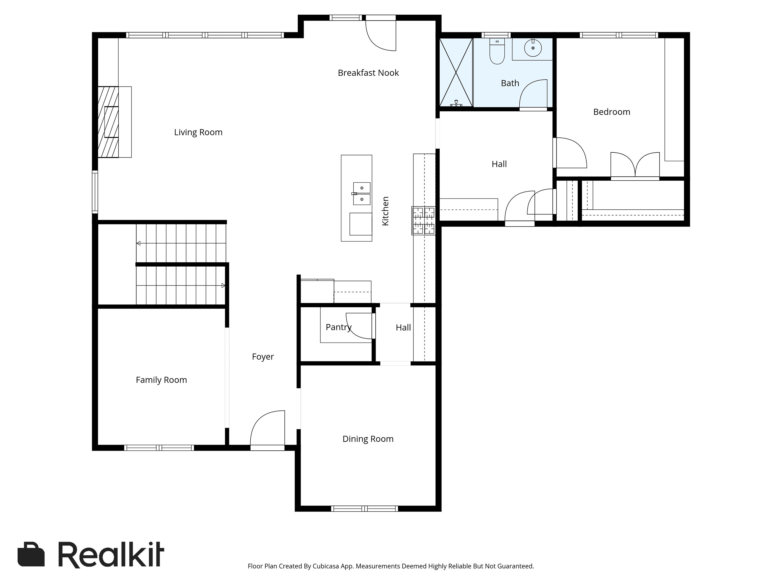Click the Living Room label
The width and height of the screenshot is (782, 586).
pos(198,132)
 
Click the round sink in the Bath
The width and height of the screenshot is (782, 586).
pos(533,48)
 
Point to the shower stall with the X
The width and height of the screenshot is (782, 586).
pos(456,72)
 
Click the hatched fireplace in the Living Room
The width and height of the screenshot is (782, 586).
pos(108,122)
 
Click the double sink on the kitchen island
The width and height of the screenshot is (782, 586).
pos(362,194)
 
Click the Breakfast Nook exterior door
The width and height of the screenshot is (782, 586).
pos(381,34)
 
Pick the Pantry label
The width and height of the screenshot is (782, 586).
pos(339,327)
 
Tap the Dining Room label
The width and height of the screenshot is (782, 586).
pos(368,439)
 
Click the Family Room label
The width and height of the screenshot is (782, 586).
pos(161,380)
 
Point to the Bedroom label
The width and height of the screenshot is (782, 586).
pos(612,112)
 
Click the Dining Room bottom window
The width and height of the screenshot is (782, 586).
pos(364,509)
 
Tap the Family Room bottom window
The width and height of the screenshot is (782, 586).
pos(159,448)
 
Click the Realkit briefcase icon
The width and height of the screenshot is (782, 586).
pos(31,554)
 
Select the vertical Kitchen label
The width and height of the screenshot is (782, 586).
pos(385,211)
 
